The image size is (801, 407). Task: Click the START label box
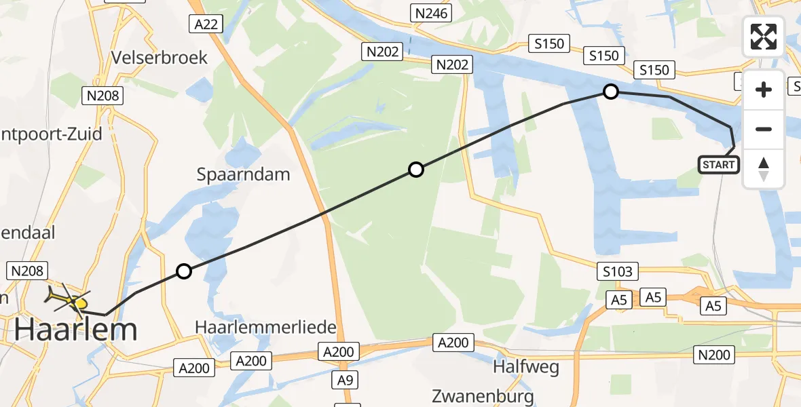point(718,165)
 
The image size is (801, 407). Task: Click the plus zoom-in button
point(764,90)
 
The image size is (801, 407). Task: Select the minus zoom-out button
point(764,129)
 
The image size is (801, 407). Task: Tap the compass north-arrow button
point(764,168)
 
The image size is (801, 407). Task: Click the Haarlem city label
point(76,330)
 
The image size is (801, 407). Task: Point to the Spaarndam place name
point(243,174)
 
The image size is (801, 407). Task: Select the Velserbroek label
point(161,57)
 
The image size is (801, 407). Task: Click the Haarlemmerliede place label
point(265,327)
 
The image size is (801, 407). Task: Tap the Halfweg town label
point(527,367)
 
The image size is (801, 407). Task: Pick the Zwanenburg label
point(483,396)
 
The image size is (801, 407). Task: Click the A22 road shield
point(205,24)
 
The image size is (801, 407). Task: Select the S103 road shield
point(617,272)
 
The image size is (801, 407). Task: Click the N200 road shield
point(714,354)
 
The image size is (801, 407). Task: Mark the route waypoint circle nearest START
point(611,91)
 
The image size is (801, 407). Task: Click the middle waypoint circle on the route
point(416,170)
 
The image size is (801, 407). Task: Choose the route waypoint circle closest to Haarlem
point(184,272)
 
